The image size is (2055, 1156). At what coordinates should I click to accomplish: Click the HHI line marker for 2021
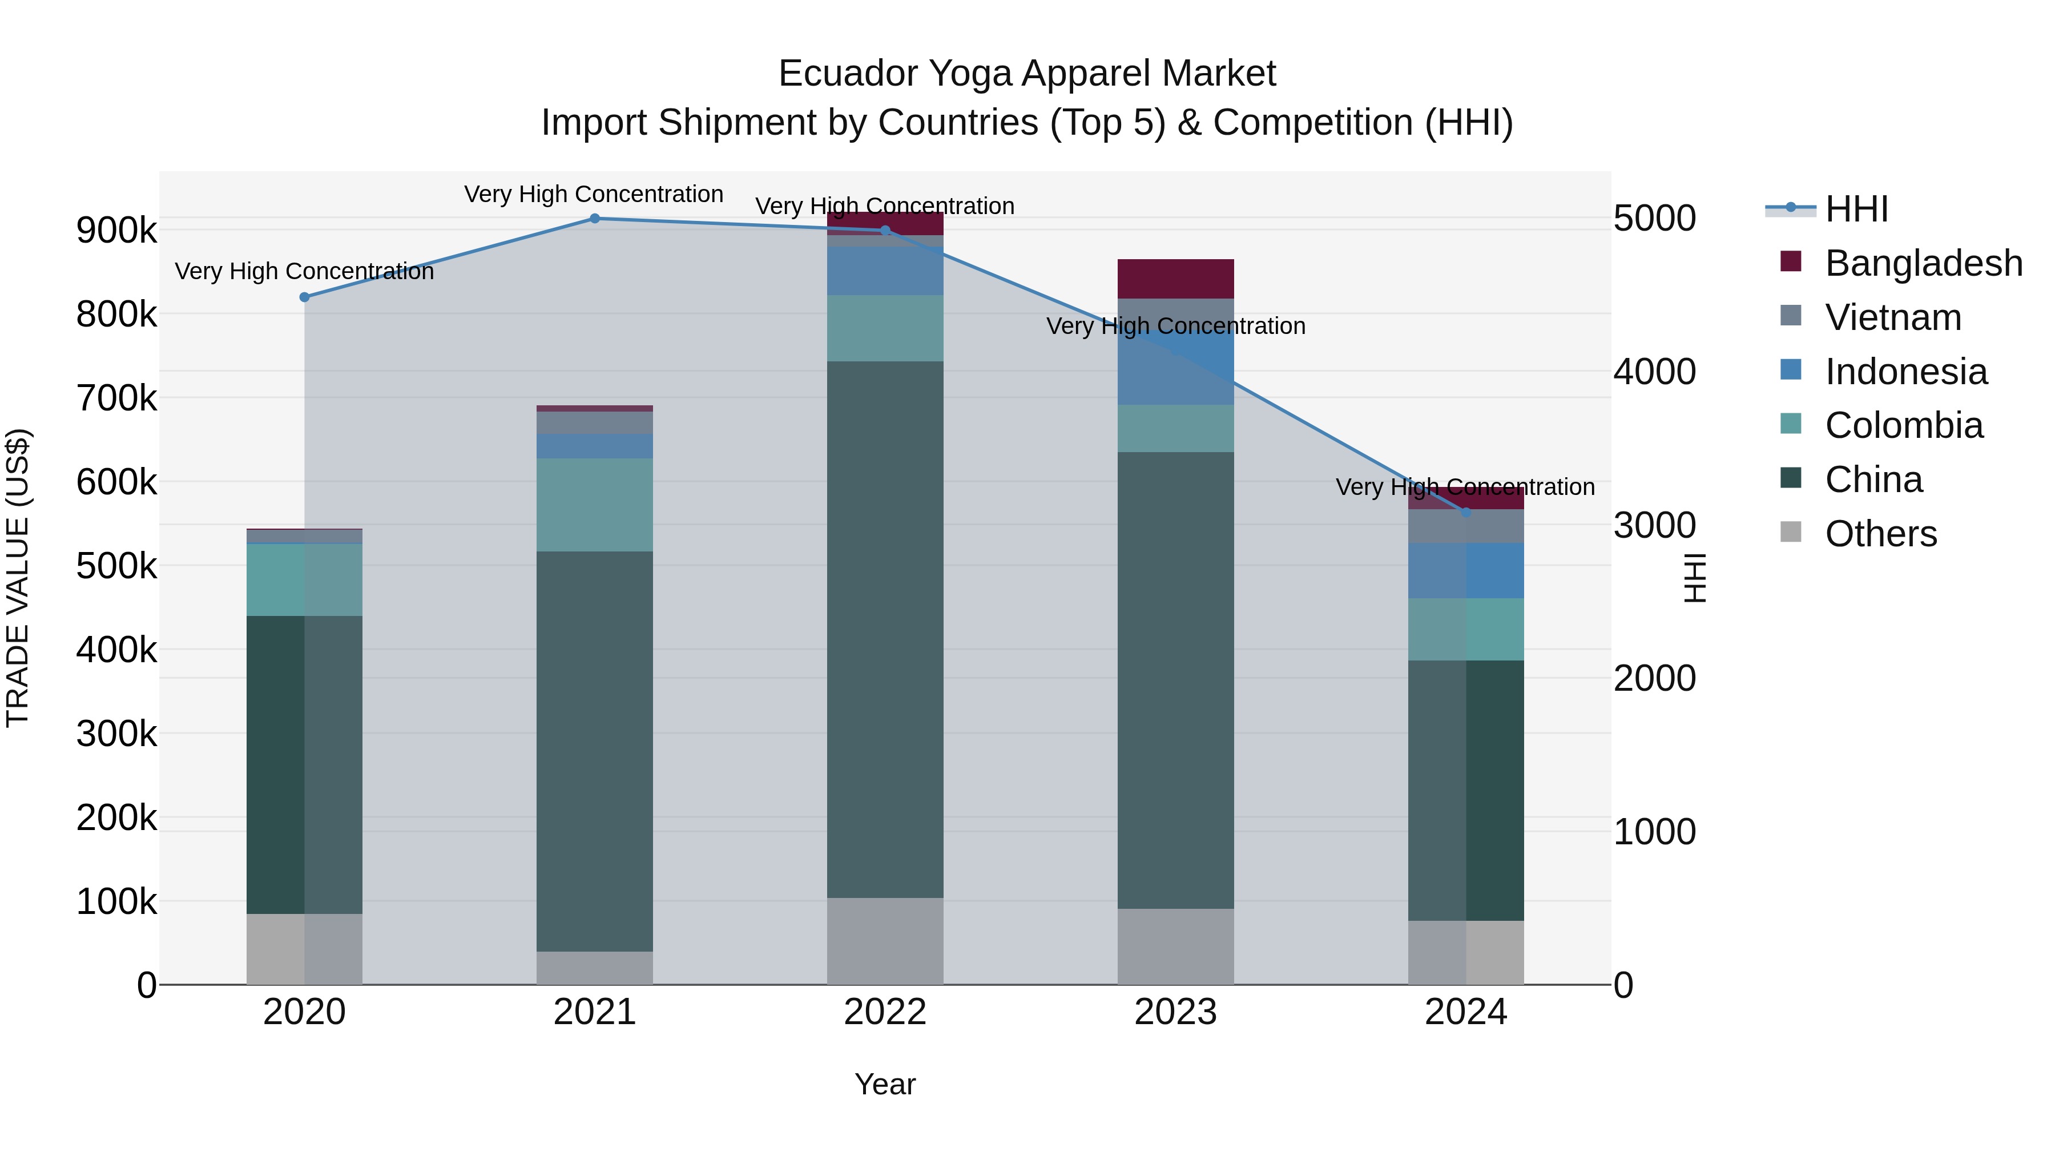pyautogui.click(x=594, y=219)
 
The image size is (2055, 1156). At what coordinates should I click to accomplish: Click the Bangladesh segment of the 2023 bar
pyautogui.click(x=1175, y=279)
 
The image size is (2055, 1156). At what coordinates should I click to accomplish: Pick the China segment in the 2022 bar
pyautogui.click(x=885, y=630)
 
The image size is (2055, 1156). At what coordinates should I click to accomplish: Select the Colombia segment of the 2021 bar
pyautogui.click(x=594, y=505)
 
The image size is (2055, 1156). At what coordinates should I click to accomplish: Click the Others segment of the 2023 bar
pyautogui.click(x=1175, y=947)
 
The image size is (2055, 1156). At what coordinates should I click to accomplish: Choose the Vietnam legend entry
pyautogui.click(x=1892, y=317)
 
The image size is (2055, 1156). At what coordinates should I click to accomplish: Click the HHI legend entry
pyautogui.click(x=1856, y=209)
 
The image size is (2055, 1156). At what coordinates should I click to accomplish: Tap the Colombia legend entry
pyautogui.click(x=1903, y=425)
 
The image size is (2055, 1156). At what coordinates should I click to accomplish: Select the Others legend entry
pyautogui.click(x=1880, y=534)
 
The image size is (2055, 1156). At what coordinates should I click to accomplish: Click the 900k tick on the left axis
pyautogui.click(x=116, y=231)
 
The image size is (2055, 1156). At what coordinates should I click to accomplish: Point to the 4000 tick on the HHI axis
pyautogui.click(x=1654, y=372)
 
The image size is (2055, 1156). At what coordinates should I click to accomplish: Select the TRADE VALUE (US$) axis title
pyautogui.click(x=18, y=578)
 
